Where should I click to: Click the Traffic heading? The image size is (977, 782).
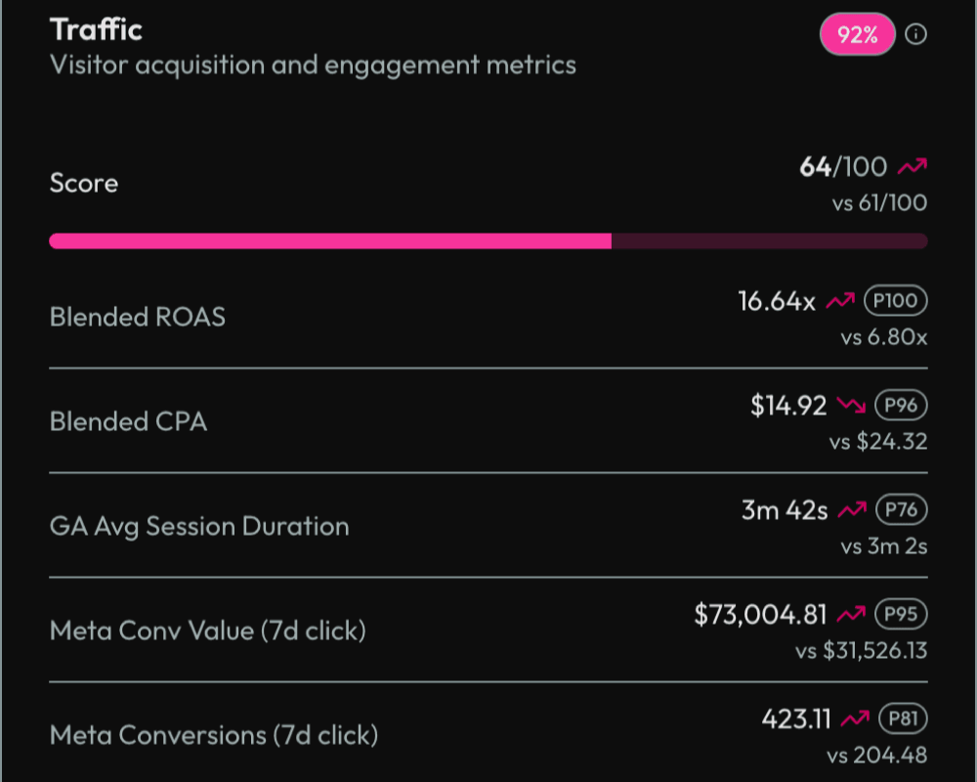point(96,29)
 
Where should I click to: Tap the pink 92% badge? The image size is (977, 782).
point(857,36)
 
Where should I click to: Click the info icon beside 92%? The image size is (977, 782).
point(915,35)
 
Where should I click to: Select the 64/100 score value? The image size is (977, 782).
point(843,167)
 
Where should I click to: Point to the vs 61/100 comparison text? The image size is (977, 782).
point(876,203)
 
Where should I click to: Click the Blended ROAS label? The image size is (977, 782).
point(137,317)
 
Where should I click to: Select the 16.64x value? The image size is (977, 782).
point(776,301)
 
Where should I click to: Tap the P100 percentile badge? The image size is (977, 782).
point(895,301)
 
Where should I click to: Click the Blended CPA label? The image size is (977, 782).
point(128,421)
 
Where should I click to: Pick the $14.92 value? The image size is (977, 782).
point(788,406)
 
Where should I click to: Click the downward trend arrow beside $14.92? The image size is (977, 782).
point(851,406)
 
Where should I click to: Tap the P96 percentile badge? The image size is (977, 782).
point(900,406)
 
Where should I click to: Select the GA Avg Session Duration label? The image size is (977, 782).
point(198,526)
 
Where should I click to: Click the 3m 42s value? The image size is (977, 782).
point(785,510)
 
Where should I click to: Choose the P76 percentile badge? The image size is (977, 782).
point(900,510)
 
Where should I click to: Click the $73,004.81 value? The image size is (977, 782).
point(760,615)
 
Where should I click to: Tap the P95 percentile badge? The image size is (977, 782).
point(900,615)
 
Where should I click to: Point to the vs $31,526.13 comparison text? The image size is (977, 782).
point(861,650)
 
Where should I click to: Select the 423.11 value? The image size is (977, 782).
point(796,719)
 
